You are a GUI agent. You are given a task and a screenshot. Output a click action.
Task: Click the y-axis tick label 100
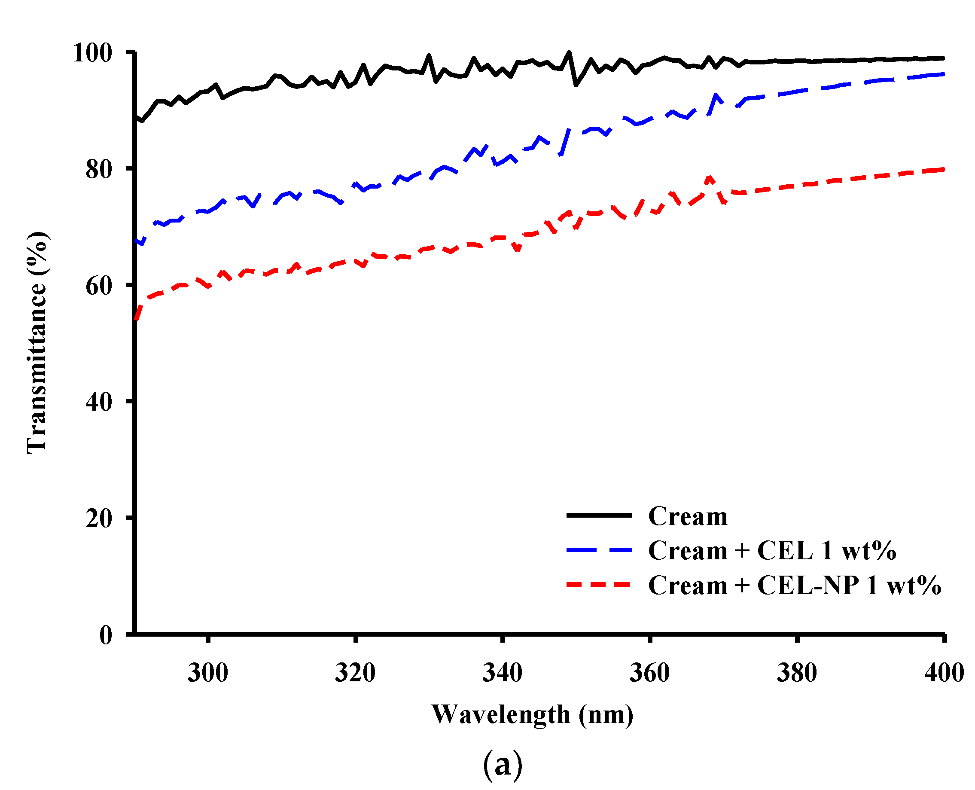pyautogui.click(x=92, y=53)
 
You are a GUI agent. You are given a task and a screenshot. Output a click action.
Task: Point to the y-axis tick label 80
pyautogui.click(x=99, y=170)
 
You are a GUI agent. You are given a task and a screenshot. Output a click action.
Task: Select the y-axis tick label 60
pyautogui.click(x=99, y=286)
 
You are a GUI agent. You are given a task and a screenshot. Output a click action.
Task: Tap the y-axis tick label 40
pyautogui.click(x=99, y=402)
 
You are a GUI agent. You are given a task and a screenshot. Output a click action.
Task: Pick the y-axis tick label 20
pyautogui.click(x=99, y=518)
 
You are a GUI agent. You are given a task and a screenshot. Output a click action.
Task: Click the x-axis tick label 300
pyautogui.click(x=207, y=673)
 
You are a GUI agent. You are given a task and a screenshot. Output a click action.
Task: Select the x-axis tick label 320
pyautogui.click(x=355, y=673)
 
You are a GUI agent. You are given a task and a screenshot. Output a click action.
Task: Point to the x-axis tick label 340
pyautogui.click(x=502, y=673)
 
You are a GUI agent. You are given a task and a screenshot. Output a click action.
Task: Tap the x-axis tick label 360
pyautogui.click(x=649, y=673)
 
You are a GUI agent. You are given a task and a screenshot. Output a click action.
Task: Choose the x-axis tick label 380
pyautogui.click(x=797, y=673)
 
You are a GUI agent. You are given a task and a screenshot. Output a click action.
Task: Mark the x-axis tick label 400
pyautogui.click(x=944, y=673)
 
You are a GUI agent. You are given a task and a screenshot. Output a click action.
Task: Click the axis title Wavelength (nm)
pyautogui.click(x=532, y=715)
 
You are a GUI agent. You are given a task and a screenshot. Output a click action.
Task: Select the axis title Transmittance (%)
pyautogui.click(x=37, y=342)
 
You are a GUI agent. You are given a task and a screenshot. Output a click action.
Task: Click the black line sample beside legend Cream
pyautogui.click(x=599, y=515)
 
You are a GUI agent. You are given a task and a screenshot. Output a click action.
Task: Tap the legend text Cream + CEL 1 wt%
pyautogui.click(x=772, y=550)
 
